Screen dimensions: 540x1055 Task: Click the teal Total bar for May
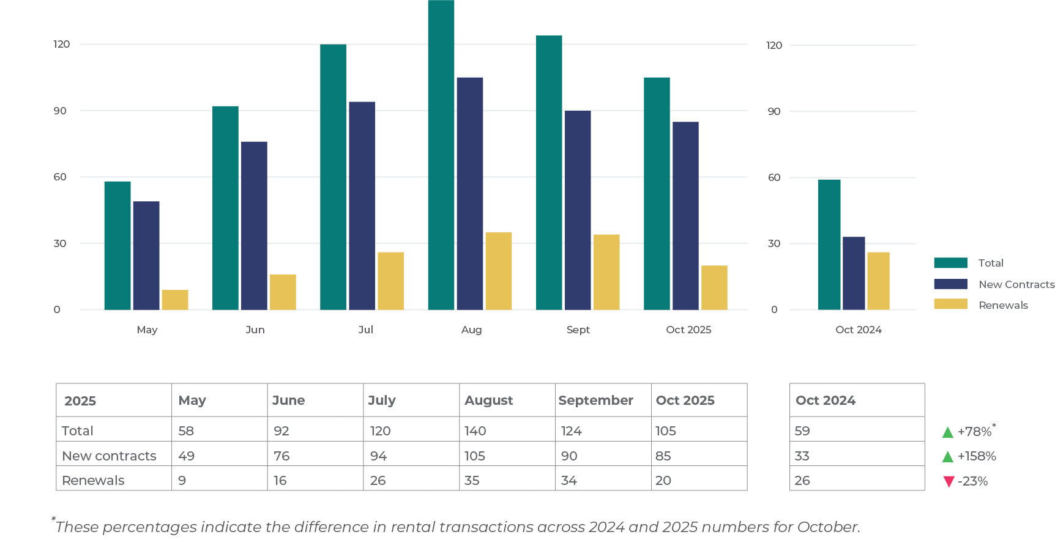(117, 245)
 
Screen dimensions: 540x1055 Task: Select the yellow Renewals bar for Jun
(283, 292)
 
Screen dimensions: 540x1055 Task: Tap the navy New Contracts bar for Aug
(469, 193)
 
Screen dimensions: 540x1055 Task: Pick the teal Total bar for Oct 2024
(829, 245)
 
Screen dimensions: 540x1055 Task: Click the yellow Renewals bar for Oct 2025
(714, 287)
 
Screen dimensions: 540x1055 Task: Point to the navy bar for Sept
(578, 210)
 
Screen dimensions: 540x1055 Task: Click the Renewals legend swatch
(950, 304)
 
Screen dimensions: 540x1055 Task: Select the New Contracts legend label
(1016, 284)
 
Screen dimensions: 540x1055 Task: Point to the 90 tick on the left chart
(60, 111)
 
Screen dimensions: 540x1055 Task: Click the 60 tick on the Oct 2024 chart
(774, 177)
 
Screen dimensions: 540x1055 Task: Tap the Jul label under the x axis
(365, 330)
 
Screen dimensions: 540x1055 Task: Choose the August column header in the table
(488, 401)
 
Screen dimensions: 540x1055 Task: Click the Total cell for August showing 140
(475, 431)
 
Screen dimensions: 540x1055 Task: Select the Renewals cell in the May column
(182, 481)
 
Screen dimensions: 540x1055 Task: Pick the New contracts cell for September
(569, 456)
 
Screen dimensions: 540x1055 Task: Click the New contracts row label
(110, 456)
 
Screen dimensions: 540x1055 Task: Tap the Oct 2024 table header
(826, 401)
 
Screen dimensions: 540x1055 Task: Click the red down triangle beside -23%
(949, 481)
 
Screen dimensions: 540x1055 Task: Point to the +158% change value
(977, 456)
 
